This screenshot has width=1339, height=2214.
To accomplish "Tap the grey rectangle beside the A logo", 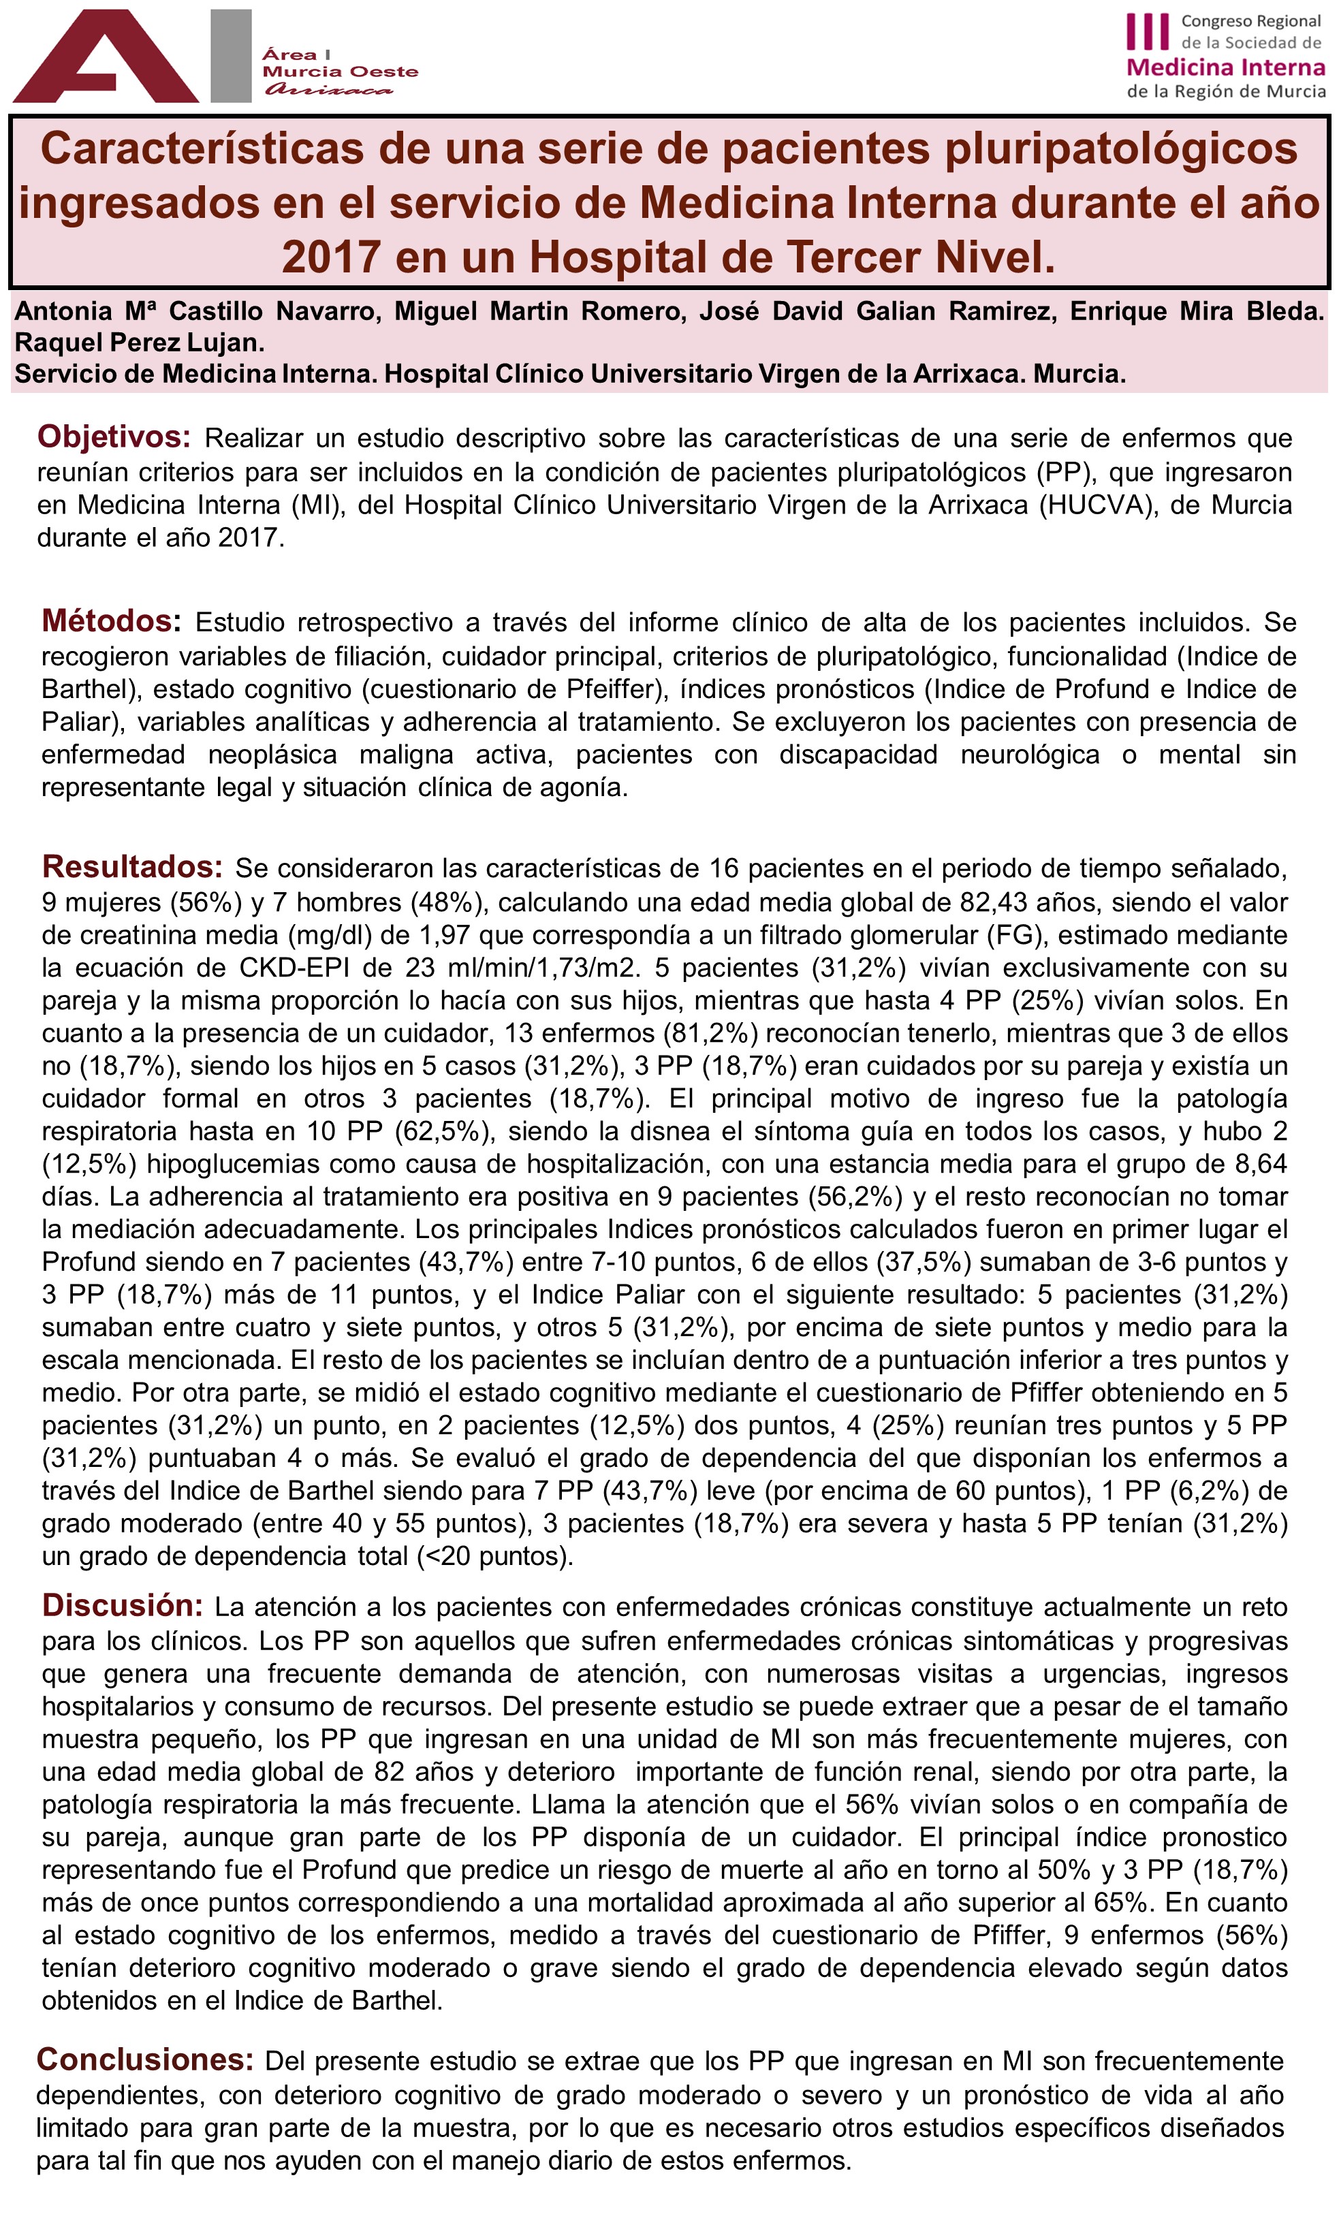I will pos(231,56).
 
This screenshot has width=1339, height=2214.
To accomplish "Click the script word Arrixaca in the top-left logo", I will pos(329,90).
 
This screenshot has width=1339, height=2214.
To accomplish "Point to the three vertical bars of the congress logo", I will pos(1148,32).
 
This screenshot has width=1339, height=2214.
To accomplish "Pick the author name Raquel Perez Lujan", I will pos(140,343).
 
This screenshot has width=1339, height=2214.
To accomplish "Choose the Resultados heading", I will pos(132,867).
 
